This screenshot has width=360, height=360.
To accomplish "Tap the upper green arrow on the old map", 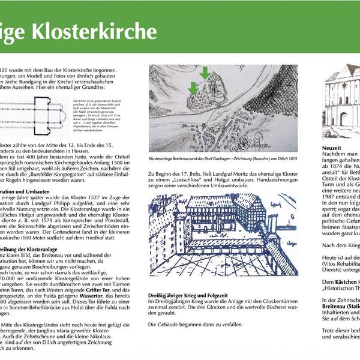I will (205, 74).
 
